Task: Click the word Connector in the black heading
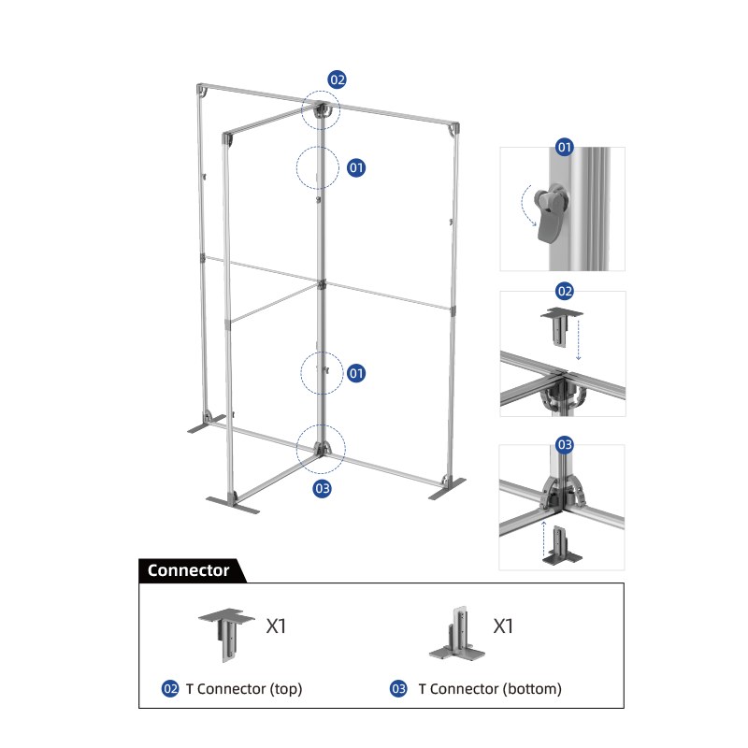click(x=189, y=570)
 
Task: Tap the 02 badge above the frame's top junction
click(x=337, y=79)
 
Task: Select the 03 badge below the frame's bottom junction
click(x=322, y=488)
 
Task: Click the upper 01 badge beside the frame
click(x=356, y=167)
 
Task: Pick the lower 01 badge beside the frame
click(x=356, y=373)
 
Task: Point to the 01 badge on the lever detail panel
click(x=565, y=147)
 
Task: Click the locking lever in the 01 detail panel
click(x=551, y=213)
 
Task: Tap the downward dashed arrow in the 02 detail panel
click(x=578, y=340)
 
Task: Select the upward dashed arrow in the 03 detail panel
click(x=543, y=539)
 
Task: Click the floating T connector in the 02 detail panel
click(x=561, y=326)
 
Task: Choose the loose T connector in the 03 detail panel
click(x=562, y=546)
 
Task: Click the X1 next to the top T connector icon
click(x=276, y=626)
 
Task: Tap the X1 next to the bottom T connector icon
click(x=503, y=626)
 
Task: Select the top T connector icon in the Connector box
click(x=226, y=635)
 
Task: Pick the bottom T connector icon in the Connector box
click(x=457, y=634)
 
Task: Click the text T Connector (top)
click(x=244, y=689)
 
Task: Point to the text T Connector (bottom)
click(x=490, y=689)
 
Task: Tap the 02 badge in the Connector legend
click(x=170, y=689)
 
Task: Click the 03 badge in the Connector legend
click(x=398, y=689)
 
